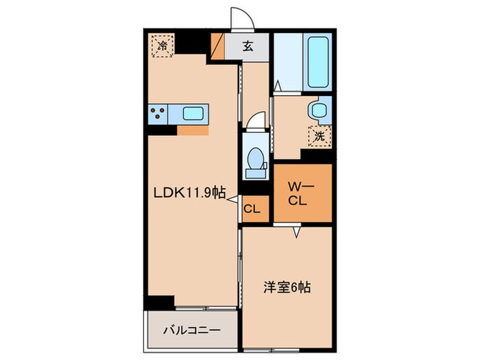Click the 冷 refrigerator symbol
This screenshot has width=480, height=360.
pyautogui.click(x=163, y=47)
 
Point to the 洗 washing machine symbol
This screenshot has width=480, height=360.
pyautogui.click(x=320, y=136)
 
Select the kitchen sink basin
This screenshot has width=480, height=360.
pyautogui.click(x=193, y=114)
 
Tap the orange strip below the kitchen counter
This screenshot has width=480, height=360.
pyautogui.click(x=193, y=129)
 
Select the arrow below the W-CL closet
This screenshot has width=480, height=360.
pyautogui.click(x=297, y=233)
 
